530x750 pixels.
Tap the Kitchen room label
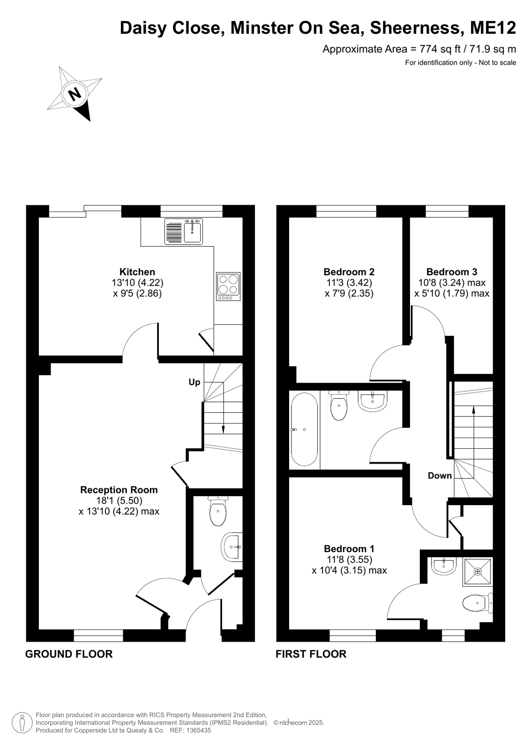[137, 272]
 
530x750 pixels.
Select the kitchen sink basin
[193, 231]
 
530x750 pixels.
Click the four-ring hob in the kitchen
[228, 286]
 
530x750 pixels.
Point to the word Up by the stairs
[194, 382]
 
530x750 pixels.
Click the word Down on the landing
[440, 476]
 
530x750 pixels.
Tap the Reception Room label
[119, 490]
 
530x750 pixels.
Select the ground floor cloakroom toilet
[218, 511]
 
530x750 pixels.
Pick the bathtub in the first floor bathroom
[304, 430]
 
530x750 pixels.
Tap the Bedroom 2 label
[349, 272]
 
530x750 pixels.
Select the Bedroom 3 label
[452, 272]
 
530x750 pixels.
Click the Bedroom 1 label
[349, 549]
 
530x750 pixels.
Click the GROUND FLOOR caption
[69, 654]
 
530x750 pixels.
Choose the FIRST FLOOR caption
[311, 654]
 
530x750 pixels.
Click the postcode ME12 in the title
[493, 28]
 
